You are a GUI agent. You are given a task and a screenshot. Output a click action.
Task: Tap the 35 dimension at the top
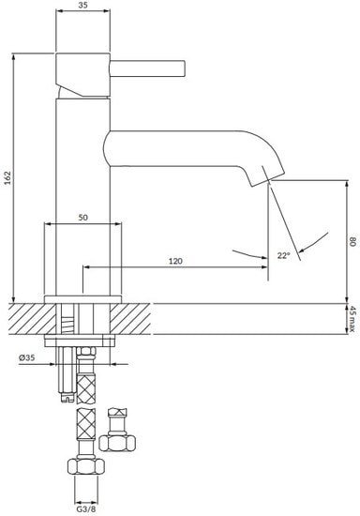tap(82, 5)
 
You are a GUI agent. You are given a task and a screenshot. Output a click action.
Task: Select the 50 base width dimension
tap(82, 218)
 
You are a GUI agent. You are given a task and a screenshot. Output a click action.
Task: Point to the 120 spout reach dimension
tap(175, 261)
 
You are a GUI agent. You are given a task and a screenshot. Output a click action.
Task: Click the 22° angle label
tap(283, 255)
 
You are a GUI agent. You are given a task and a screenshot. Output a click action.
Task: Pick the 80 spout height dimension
tap(352, 242)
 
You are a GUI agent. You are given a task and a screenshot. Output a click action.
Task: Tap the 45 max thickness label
tap(352, 319)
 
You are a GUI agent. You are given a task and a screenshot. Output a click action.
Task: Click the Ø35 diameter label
tap(26, 357)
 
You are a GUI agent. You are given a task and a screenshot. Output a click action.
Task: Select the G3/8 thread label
tap(86, 508)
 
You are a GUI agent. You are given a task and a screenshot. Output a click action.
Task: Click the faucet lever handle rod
tap(147, 68)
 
